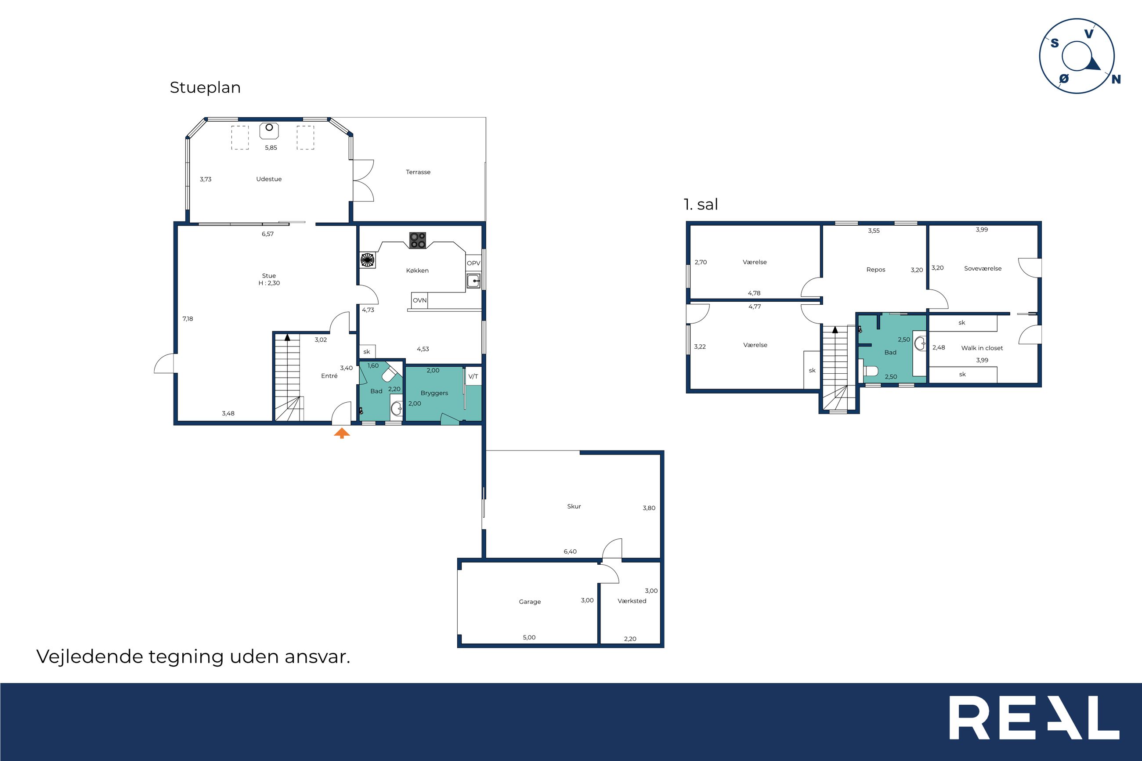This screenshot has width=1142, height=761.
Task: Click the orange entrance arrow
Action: [x=342, y=433]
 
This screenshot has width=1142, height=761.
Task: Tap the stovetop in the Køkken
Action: [x=417, y=240]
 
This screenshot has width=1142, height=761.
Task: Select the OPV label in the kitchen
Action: [x=473, y=263]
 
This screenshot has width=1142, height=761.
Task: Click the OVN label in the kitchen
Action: [x=419, y=300]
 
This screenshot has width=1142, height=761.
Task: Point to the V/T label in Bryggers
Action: [x=473, y=377]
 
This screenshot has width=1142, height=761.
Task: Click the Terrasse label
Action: [x=418, y=172]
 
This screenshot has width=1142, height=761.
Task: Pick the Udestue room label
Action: [x=269, y=179]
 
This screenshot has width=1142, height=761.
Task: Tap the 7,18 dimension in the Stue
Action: [x=188, y=319]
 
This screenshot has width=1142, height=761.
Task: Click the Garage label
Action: [x=530, y=602]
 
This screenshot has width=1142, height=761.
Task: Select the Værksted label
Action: [x=632, y=601]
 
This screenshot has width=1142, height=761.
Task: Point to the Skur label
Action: [x=574, y=506]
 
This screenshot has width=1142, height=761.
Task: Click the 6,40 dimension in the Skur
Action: [x=570, y=552]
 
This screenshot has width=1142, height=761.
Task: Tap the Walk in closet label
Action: [x=982, y=348]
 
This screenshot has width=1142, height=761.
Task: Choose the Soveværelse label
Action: [x=983, y=268]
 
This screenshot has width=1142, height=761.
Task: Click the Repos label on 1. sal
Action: [x=875, y=270]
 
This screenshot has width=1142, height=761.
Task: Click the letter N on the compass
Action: [x=1116, y=79]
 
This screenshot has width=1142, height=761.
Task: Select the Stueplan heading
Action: [x=205, y=87]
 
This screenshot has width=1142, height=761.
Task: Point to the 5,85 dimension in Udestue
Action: [x=271, y=148]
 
